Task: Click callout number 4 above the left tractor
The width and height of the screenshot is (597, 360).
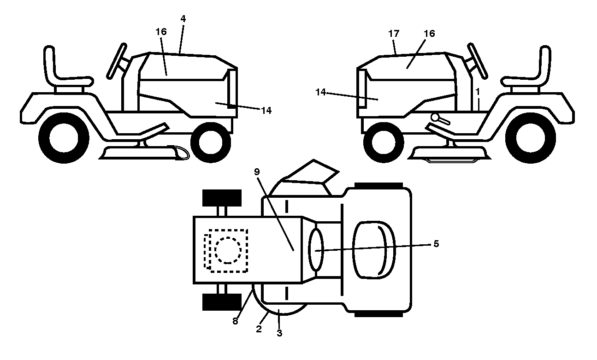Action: [x=183, y=18]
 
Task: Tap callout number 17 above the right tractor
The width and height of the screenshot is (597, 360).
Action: [x=394, y=34]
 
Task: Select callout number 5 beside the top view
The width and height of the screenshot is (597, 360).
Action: [x=436, y=243]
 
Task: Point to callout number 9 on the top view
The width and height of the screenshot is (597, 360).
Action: [x=257, y=172]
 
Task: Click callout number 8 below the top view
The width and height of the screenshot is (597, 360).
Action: [x=235, y=321]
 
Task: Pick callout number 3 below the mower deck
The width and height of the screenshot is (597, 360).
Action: [x=279, y=333]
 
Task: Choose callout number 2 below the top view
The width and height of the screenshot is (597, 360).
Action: [x=259, y=329]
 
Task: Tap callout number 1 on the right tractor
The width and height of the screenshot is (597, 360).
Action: [x=478, y=92]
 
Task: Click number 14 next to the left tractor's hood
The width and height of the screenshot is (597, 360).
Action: [x=266, y=110]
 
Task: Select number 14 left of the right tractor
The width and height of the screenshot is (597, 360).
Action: [x=320, y=92]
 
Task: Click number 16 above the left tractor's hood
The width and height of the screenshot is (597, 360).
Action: [x=161, y=32]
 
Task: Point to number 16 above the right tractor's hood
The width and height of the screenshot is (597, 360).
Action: [x=429, y=34]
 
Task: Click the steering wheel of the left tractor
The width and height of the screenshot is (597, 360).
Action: [x=117, y=61]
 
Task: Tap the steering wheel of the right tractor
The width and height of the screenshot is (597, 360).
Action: [x=478, y=61]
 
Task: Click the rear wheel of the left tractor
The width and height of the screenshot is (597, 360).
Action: [x=64, y=138]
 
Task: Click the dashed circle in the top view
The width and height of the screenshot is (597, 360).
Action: [x=228, y=250]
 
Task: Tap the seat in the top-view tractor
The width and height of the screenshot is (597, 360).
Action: [x=374, y=250]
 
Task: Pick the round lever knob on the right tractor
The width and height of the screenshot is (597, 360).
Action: [x=435, y=117]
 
